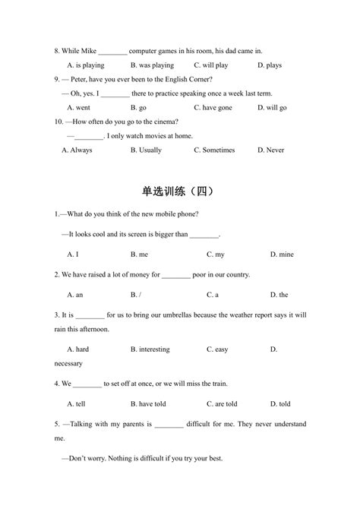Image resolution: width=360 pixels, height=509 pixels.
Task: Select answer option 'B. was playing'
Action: [151, 65]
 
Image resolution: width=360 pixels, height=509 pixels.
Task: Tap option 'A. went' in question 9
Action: [78, 108]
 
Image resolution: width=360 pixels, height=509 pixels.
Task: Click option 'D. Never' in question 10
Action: [270, 150]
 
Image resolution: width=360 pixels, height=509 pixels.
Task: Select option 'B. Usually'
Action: [146, 150]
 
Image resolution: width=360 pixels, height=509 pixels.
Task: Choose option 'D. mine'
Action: [280, 254]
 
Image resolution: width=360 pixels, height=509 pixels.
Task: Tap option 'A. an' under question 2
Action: [74, 295]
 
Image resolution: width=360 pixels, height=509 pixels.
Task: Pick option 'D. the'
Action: [279, 295]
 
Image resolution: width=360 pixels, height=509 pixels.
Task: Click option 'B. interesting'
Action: [150, 349]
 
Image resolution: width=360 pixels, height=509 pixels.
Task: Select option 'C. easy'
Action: [217, 349]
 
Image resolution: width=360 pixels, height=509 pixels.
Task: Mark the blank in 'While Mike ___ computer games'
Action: [113, 51]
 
